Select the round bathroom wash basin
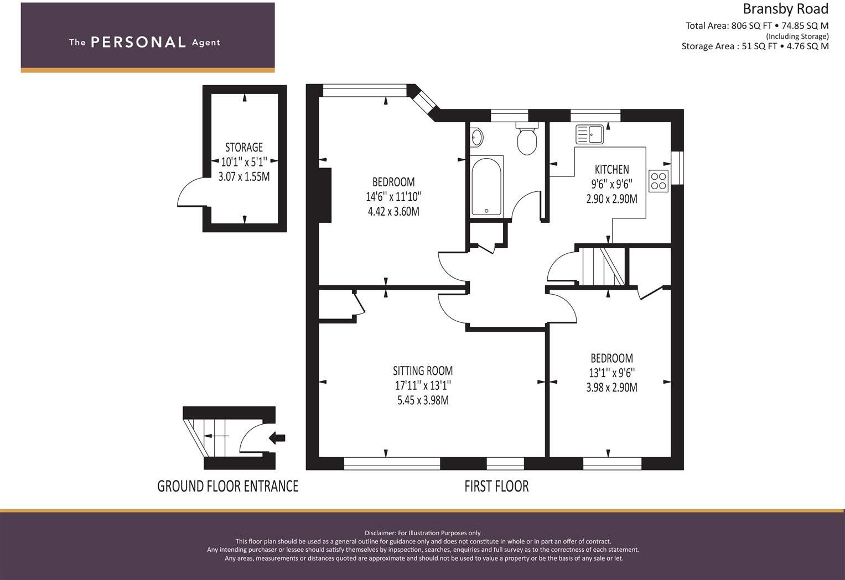coord(476,137)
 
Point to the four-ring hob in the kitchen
coord(659,181)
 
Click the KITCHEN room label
coord(611,170)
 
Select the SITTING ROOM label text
coord(423,371)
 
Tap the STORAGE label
coord(244,147)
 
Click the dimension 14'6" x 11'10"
coord(393,197)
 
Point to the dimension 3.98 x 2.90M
coord(611,388)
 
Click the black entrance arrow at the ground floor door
coord(277,438)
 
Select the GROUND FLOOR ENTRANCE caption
coord(227,487)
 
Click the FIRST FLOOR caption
coord(496,487)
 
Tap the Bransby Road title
coord(785,9)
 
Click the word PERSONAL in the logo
coord(138,43)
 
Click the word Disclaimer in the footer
coord(380,533)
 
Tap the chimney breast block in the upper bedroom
coord(325,195)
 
